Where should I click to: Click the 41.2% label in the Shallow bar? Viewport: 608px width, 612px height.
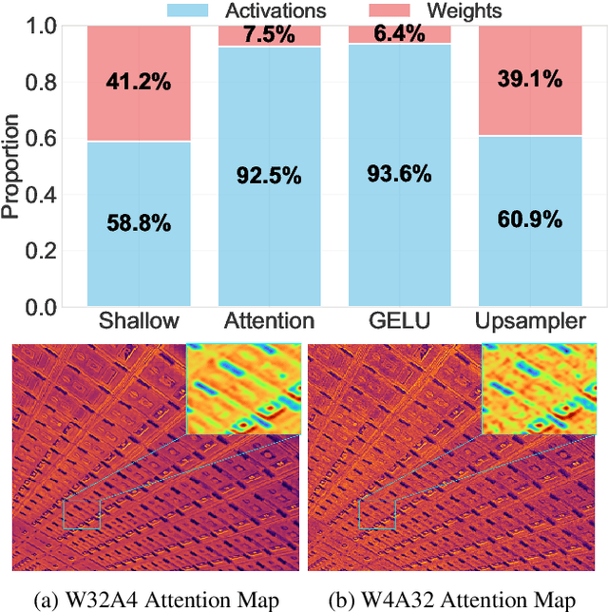click(138, 83)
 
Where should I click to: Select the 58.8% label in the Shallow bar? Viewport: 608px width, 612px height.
click(138, 224)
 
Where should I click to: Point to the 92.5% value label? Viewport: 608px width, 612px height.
click(269, 176)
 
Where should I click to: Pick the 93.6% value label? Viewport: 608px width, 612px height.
click(400, 174)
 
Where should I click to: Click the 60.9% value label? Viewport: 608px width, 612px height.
click(531, 220)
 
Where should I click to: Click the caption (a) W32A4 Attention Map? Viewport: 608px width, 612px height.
click(156, 599)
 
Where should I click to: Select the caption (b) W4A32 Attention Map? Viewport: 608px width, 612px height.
click(451, 599)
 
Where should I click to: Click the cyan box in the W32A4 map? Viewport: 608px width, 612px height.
click(82, 513)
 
